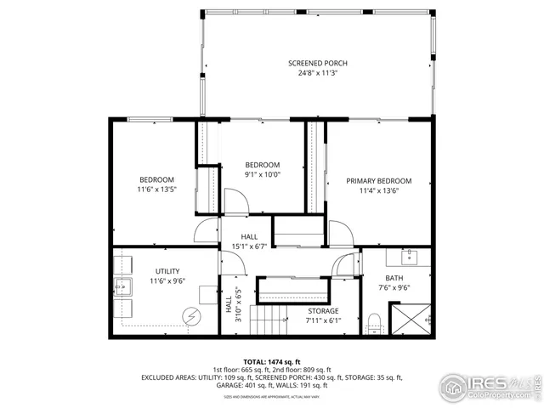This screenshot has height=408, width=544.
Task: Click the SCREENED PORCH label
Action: click(x=317, y=64)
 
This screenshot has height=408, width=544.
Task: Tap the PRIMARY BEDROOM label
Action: click(x=378, y=181)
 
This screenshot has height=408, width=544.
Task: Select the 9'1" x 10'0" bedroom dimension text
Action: click(x=263, y=174)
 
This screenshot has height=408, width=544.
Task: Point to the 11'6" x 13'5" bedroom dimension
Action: click(x=157, y=190)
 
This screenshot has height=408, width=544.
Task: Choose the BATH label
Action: click(x=394, y=277)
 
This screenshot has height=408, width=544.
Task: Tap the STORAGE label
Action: click(x=323, y=311)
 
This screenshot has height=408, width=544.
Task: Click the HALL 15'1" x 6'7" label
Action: click(x=249, y=241)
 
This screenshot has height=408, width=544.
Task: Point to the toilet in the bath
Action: click(x=373, y=322)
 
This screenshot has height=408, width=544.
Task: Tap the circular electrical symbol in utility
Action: click(x=191, y=316)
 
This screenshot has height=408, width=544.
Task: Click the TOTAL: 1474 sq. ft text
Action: click(x=272, y=361)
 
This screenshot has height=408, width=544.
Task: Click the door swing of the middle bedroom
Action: click(x=238, y=200)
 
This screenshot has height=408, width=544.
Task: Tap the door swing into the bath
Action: click(x=347, y=263)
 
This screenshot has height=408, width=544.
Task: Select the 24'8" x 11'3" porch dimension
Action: click(x=317, y=73)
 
